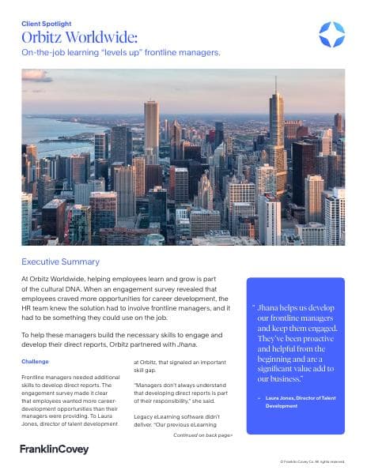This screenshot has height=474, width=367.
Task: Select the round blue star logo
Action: tap(331, 34)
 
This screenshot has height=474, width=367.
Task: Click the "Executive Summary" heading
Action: tap(61, 261)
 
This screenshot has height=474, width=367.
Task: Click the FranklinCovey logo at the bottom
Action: tap(54, 450)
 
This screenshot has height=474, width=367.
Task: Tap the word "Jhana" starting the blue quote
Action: tap(271, 307)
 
